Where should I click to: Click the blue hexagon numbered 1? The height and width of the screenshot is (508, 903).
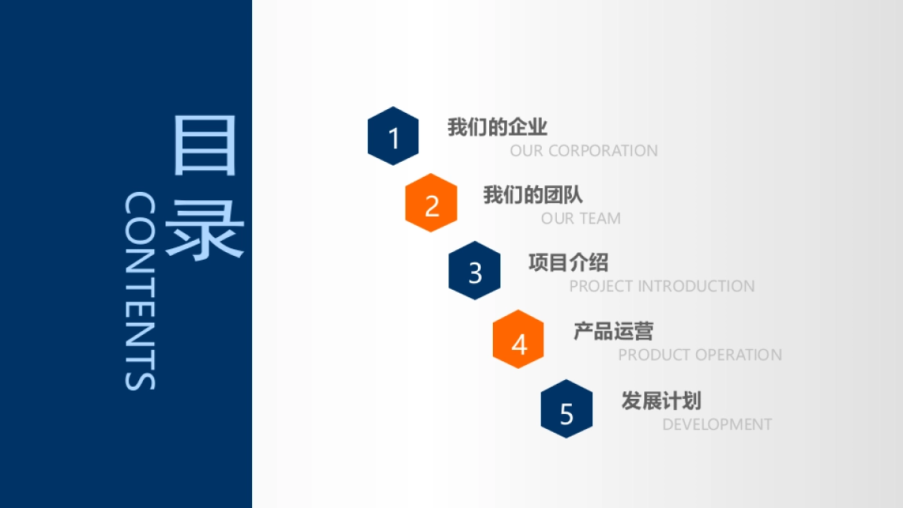pos(393,136)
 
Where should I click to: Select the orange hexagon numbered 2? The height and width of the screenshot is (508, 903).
pos(431,203)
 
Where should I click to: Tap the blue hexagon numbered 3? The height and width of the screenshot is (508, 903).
pos(475,271)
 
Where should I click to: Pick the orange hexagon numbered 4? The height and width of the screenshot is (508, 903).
pos(518,339)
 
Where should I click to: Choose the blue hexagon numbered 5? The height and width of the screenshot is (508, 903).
pos(567,409)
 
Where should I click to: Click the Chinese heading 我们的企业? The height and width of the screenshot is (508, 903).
pos(497,127)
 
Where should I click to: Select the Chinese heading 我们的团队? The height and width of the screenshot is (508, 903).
pos(533,195)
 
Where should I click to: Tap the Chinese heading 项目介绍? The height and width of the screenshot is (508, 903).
pos(568,263)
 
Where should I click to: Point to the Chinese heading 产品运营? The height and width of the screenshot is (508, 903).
pos(613,331)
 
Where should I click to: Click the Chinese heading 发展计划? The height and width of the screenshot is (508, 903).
pos(661,400)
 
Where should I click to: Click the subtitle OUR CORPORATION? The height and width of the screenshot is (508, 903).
pos(584,151)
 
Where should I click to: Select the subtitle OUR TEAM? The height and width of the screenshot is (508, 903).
pos(581,219)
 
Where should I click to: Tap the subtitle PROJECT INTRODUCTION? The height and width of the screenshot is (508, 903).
pos(661,287)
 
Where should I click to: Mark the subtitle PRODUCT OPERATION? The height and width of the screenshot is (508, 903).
pos(700,355)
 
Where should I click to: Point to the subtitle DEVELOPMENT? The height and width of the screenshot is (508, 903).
pos(717,424)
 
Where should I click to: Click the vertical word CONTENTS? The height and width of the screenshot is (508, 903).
pos(140,291)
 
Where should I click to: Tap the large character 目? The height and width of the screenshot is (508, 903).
pos(205,145)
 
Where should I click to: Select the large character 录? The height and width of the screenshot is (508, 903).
pos(205,230)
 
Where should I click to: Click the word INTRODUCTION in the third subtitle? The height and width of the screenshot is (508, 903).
pos(696,287)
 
